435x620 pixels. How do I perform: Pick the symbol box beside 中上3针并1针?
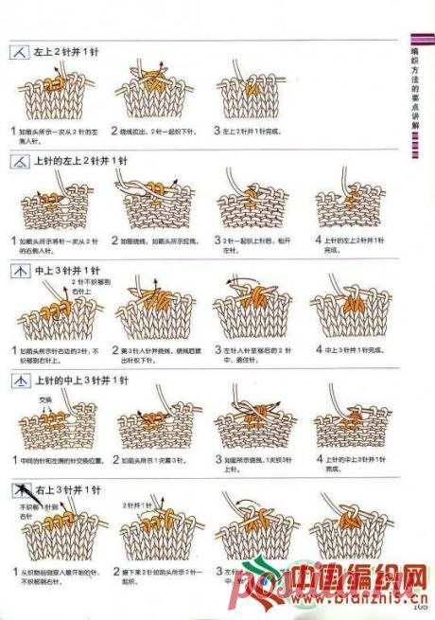[19, 272]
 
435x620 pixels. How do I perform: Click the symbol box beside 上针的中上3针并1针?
[19, 381]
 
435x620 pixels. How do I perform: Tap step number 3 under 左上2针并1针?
[217, 131]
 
